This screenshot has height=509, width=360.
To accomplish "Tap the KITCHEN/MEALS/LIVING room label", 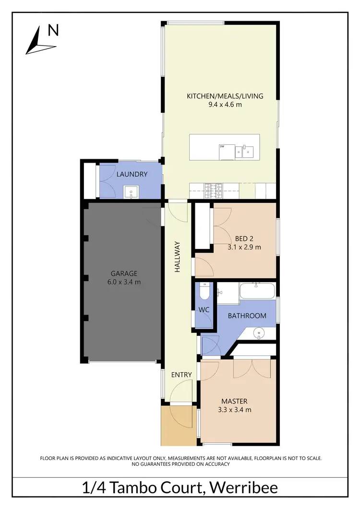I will point(225,96).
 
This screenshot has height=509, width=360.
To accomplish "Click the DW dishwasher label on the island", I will point(222,146).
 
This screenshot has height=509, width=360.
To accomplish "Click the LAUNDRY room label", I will point(132,174).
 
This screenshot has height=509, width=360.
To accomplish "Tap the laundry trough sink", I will point(131,192).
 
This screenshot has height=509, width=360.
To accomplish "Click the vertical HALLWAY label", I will point(177,257).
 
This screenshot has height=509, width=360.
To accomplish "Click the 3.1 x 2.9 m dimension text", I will point(245,248).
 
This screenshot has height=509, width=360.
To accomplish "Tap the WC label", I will point(204,310).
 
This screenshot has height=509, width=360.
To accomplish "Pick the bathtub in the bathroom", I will point(257,290).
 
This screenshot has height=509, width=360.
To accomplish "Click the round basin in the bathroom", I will point(259,332).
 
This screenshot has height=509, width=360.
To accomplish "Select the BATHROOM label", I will point(247,316).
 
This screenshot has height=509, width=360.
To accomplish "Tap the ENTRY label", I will point(181,375).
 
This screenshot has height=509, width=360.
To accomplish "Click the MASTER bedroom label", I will point(234,401).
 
